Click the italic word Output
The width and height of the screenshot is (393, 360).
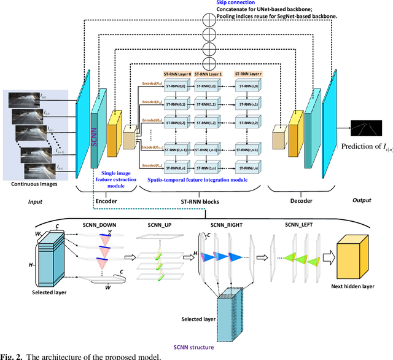[x=361, y=200]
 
